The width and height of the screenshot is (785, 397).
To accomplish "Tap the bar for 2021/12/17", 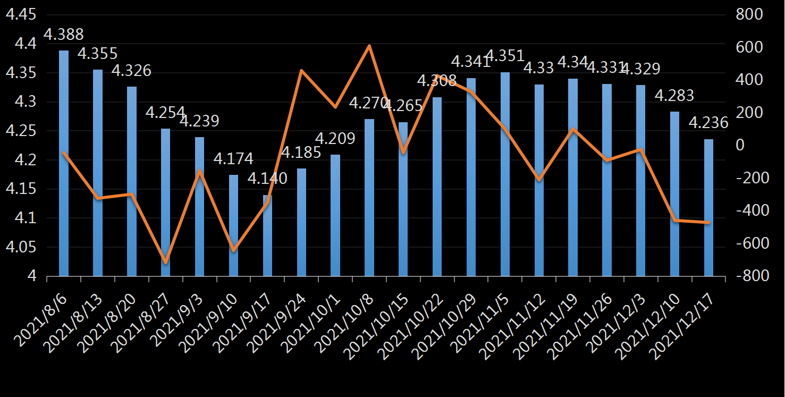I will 708,207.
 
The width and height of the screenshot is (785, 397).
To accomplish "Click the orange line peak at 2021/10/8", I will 369,46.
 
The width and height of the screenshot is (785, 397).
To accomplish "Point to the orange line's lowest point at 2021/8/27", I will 166,263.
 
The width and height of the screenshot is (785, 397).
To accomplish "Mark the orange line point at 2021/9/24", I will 301,70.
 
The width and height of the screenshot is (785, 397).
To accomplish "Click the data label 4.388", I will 63,35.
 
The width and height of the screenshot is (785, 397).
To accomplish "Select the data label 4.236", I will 708,123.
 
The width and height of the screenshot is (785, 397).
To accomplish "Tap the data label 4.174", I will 233,158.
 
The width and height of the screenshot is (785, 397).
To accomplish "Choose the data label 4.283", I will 674,96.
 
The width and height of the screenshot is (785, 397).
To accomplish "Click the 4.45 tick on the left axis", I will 21,15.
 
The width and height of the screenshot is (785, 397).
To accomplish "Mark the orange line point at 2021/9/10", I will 234,250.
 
